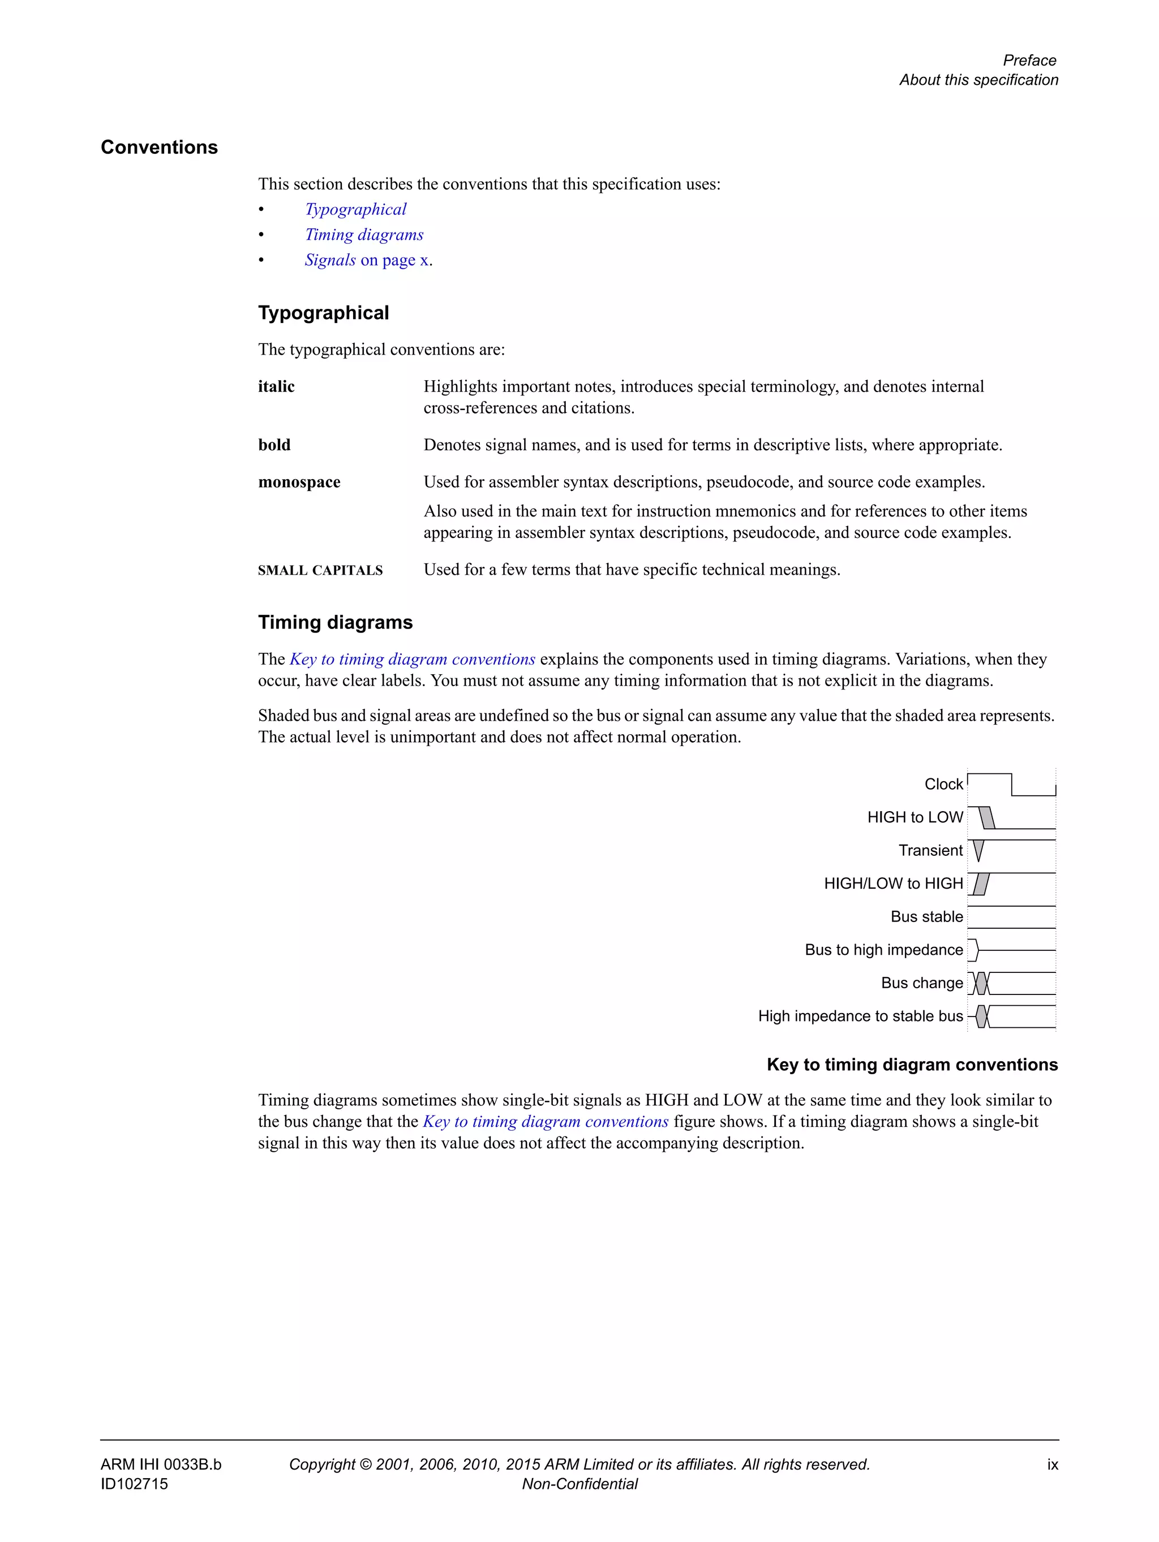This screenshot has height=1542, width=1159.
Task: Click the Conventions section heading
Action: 159,147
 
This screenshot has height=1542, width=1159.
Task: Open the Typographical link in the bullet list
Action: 355,209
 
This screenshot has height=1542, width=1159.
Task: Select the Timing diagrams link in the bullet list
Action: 363,235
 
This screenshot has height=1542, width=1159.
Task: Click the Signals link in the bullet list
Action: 330,260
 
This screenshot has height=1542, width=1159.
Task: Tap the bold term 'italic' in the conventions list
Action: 276,386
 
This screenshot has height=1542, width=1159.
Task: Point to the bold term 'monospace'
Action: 299,482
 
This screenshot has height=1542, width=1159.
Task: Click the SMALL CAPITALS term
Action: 320,570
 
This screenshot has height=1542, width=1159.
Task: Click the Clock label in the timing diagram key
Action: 943,784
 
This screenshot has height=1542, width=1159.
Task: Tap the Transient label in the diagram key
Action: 930,850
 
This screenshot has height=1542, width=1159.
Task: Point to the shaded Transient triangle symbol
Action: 978,850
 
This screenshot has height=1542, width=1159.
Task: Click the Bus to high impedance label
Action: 883,949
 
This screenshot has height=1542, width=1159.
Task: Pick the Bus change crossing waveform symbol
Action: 981,983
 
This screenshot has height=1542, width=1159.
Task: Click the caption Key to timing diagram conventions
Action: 912,1065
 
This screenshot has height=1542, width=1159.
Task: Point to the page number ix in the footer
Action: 1051,1464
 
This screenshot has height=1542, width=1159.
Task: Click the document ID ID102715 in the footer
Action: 134,1483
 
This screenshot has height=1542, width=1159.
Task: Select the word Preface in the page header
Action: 1029,60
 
